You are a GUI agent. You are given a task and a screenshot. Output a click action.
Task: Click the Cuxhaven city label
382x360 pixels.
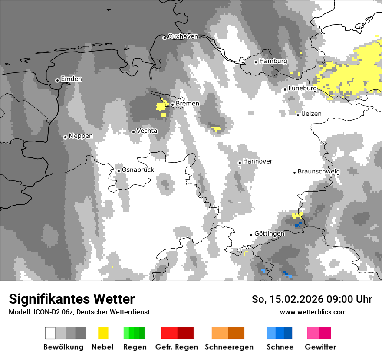183,36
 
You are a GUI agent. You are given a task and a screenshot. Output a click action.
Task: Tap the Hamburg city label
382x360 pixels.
273,61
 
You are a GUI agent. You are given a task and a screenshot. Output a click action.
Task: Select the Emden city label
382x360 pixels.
71,79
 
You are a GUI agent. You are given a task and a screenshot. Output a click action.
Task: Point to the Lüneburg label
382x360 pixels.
303,88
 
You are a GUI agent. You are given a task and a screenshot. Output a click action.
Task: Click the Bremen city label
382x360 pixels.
188,104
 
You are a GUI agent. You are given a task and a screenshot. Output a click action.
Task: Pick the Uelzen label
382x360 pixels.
311,114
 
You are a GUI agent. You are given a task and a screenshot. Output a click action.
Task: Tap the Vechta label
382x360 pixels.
147,131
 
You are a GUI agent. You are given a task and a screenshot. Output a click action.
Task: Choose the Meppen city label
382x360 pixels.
81,136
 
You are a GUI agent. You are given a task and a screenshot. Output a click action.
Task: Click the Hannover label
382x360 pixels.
258,161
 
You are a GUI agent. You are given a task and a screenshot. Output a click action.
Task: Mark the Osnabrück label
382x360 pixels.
138,170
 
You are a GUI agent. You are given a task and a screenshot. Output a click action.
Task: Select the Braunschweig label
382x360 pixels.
319,171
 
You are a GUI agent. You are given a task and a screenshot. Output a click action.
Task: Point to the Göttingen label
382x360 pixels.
270,233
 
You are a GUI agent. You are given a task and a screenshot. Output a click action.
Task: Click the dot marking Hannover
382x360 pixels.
240,163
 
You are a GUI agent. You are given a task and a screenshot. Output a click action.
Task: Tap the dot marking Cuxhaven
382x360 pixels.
165,38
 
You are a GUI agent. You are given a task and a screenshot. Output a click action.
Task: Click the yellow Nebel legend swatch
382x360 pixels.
103,333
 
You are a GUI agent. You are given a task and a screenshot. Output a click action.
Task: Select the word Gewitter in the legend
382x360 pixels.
320,347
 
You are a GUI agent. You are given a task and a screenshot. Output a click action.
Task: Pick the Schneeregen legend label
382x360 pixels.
229,347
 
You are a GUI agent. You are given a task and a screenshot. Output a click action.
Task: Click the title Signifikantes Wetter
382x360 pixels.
72,299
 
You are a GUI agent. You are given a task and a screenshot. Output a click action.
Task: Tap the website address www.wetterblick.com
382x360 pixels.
313,312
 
